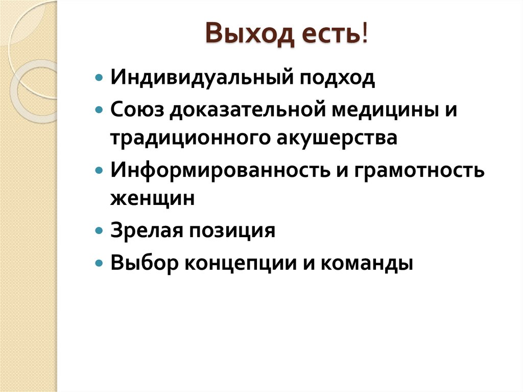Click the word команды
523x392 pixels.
pyautogui.click(x=368, y=264)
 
